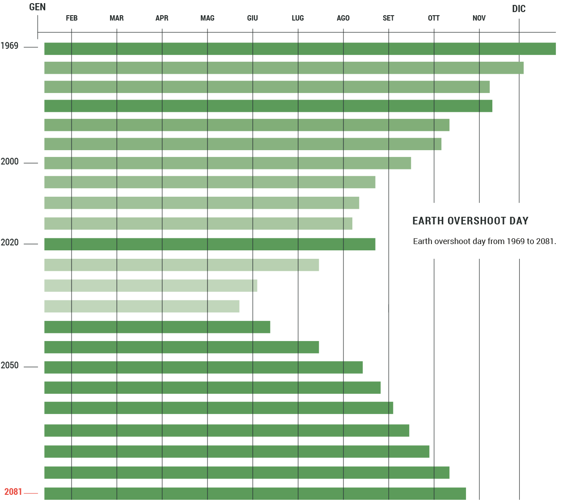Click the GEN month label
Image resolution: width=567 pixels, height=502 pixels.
(x=38, y=7)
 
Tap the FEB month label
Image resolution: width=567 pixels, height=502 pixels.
(x=72, y=18)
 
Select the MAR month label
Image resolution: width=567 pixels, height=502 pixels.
(x=117, y=18)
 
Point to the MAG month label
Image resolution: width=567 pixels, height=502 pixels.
(x=207, y=18)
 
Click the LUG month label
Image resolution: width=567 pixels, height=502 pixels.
(x=298, y=18)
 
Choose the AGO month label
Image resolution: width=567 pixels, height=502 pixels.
(x=343, y=18)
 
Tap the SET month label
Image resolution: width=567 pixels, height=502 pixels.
(x=389, y=18)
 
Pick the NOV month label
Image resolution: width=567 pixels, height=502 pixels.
(x=479, y=18)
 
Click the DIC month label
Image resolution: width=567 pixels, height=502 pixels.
(x=519, y=9)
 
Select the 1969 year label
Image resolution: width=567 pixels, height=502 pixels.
(x=9, y=46)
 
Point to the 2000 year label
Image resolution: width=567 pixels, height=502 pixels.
(x=9, y=162)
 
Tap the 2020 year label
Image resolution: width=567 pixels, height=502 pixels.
(x=9, y=243)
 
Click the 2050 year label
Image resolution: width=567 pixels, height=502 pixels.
(x=9, y=366)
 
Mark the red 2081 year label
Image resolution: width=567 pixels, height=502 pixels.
(x=13, y=492)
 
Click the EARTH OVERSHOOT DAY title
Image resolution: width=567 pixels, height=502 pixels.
(x=470, y=221)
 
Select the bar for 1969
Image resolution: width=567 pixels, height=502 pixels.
(x=300, y=49)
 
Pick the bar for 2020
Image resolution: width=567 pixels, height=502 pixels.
(x=210, y=244)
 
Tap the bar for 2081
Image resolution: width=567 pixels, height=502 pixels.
(x=255, y=494)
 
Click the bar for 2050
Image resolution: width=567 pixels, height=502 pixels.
(x=203, y=367)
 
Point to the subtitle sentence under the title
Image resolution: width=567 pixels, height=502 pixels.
(x=484, y=241)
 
